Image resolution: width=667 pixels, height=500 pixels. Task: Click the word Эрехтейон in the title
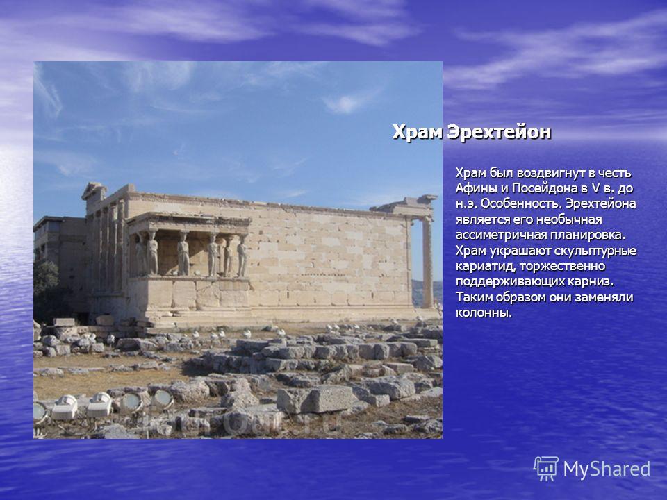pyautogui.click(x=500, y=132)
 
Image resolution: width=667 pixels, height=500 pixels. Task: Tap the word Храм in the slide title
pyautogui.click(x=418, y=132)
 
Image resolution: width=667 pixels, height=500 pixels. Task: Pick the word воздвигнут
pyautogui.click(x=550, y=174)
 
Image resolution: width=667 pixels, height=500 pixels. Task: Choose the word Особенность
pyautogui.click(x=520, y=203)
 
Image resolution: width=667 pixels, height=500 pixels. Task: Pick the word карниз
pyautogui.click(x=593, y=282)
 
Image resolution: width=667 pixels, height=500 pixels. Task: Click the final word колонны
pyautogui.click(x=484, y=313)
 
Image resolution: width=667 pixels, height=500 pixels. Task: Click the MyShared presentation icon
pyautogui.click(x=546, y=469)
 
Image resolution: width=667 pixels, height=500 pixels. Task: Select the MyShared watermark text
pyautogui.click(x=607, y=469)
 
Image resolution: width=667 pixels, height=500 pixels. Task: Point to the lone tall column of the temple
pyautogui.click(x=427, y=262)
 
